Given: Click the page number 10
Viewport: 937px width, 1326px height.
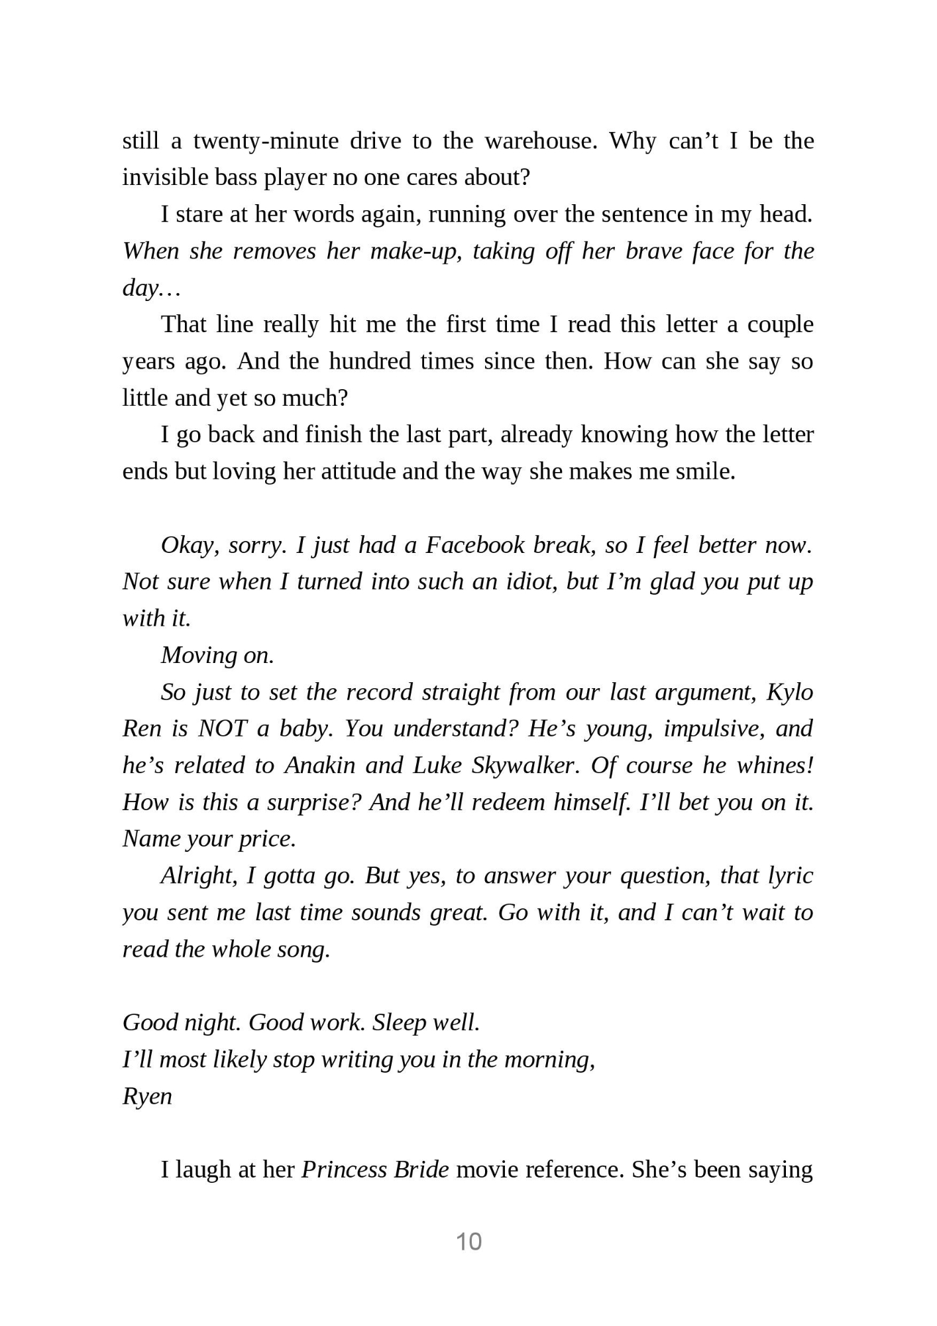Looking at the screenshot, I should (x=468, y=1241).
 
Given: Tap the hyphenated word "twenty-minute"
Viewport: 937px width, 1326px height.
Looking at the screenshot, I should (x=266, y=141).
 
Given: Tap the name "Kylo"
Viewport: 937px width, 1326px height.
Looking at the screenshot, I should (x=790, y=692).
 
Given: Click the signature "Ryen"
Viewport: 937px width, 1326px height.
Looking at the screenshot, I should (x=147, y=1097).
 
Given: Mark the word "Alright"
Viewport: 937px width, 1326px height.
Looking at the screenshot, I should (x=198, y=876).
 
